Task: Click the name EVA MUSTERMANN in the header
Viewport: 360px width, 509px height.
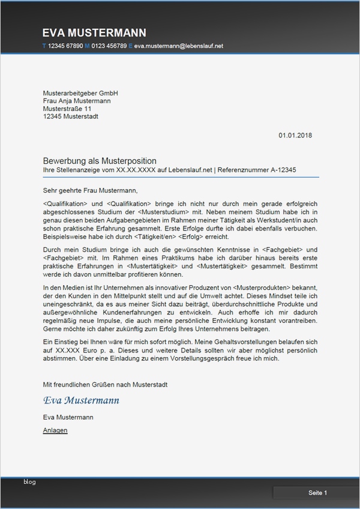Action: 94,32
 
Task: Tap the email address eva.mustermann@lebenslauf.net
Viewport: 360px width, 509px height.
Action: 178,46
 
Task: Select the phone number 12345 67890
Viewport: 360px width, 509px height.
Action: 65,46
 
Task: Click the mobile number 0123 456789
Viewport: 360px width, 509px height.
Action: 109,46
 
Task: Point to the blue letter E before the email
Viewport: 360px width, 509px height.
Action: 130,46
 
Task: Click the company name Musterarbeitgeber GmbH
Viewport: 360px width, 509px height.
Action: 80,93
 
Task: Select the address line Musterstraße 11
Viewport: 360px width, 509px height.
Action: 67,109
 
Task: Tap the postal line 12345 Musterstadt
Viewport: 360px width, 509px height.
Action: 71,116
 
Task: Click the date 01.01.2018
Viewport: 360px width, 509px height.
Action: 295,136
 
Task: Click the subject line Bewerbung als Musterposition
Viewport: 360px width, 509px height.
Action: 100,161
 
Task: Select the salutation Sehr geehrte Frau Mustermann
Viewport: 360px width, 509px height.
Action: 90,190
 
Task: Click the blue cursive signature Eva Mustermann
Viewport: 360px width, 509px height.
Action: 81,400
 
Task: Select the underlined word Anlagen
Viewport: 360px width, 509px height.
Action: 55,430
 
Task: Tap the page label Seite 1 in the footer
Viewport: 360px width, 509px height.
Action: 317,493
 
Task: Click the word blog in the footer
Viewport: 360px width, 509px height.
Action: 29,482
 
